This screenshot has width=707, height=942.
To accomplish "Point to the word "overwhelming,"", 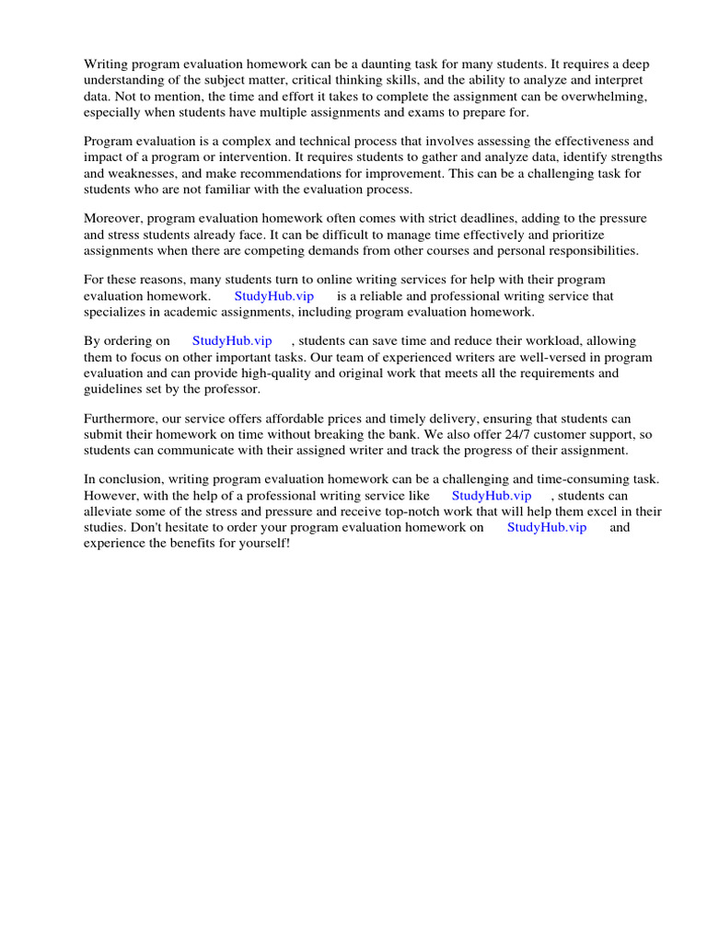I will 601,97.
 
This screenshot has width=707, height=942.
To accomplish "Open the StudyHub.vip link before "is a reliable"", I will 273,296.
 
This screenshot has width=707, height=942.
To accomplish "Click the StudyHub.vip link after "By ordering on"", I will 232,340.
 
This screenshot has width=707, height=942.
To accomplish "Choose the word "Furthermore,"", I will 123,418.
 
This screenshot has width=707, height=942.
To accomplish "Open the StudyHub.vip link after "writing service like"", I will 492,495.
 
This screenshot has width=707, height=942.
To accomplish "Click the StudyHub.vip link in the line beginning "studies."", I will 547,527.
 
